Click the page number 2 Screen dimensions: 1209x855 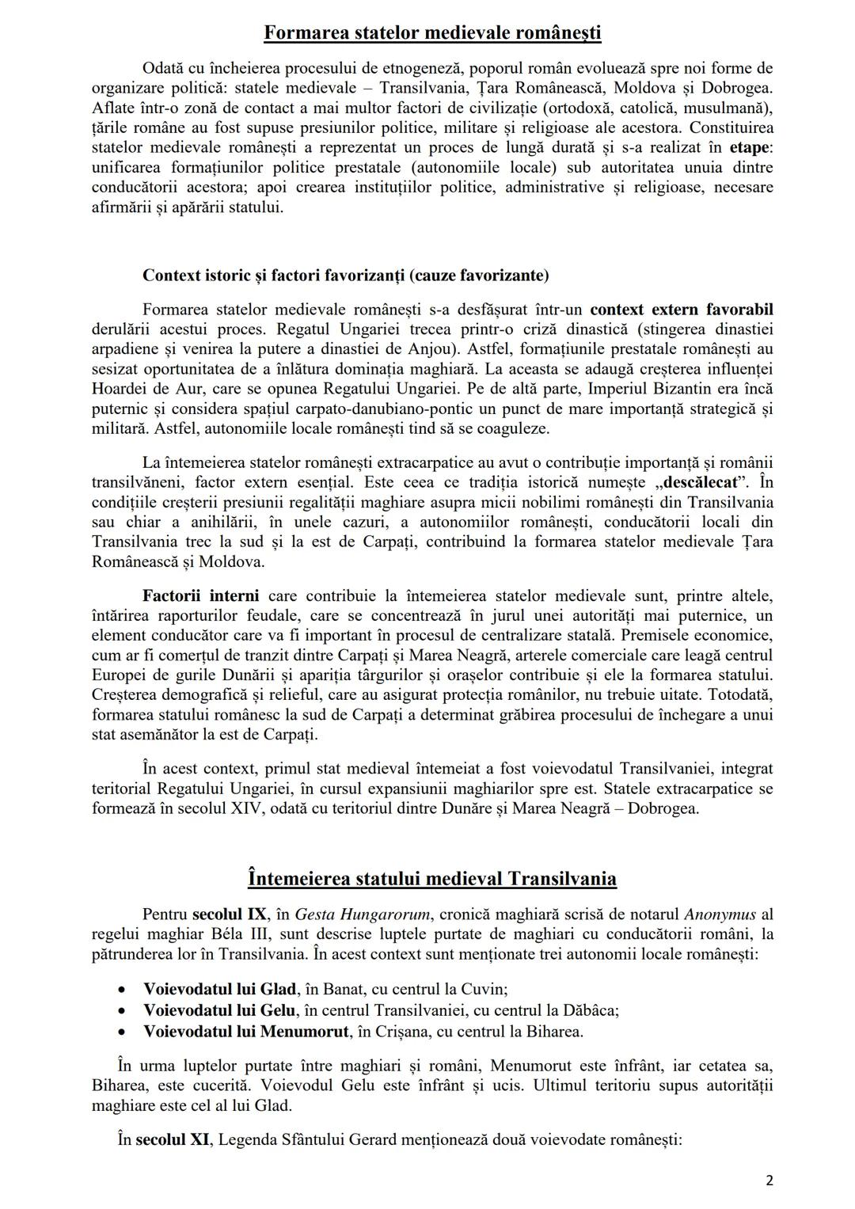[x=769, y=1180]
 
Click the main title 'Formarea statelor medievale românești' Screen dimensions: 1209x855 [x=431, y=32]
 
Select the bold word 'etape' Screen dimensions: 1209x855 [x=750, y=147]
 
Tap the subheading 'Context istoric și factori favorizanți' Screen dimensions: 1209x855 [x=345, y=276]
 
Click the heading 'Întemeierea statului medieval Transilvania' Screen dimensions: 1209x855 [x=431, y=878]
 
